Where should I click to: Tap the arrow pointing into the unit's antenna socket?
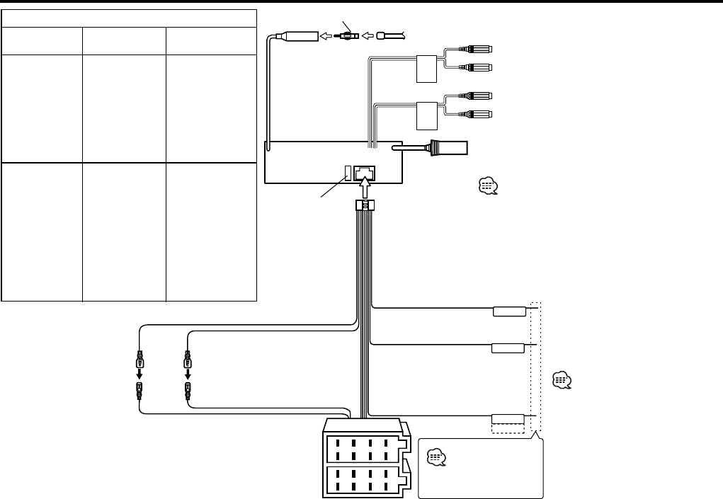tap(326, 33)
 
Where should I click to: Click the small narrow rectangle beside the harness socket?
tap(348, 172)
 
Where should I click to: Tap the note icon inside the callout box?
tap(436, 458)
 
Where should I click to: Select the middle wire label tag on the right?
tap(508, 348)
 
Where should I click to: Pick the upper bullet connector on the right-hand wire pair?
tap(187, 362)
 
